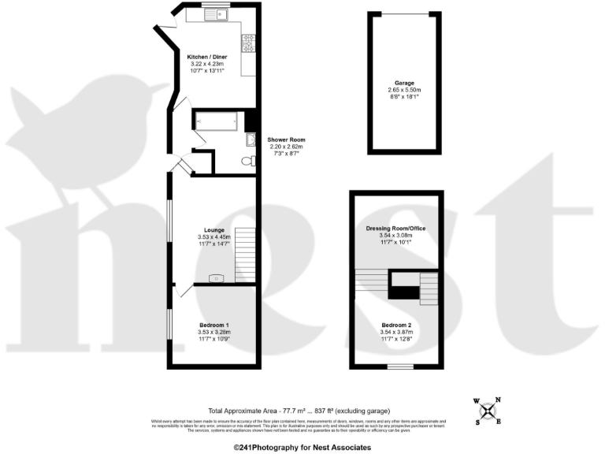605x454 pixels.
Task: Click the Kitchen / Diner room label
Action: point(208,58)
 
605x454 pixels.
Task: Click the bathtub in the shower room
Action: point(215,122)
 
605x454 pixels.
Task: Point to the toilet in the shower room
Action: point(247,161)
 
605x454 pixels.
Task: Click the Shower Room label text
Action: point(285,140)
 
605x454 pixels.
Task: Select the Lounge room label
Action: point(214,229)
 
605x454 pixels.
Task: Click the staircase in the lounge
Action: point(246,254)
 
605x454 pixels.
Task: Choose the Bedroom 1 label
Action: point(214,326)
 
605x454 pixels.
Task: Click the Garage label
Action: point(404,83)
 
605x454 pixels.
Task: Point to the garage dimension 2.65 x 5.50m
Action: point(404,90)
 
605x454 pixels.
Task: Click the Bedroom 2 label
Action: point(397,325)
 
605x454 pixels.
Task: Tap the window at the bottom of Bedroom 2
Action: point(400,367)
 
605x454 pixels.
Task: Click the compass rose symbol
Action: point(489,409)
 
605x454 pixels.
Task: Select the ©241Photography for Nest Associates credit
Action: point(302,447)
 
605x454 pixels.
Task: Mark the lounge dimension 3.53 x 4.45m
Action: point(214,236)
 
